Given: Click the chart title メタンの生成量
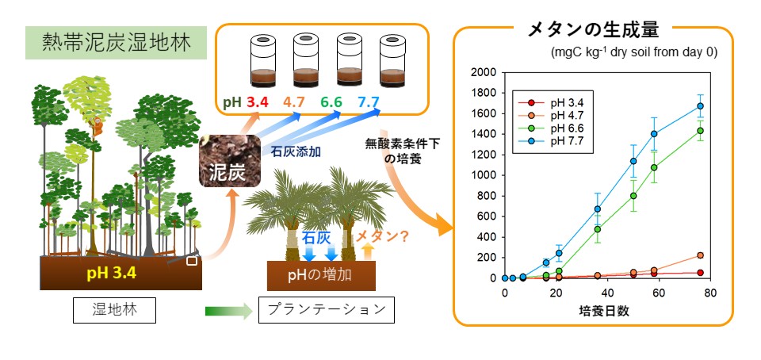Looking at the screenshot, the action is [593, 30].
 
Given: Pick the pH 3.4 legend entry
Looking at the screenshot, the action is [552, 103].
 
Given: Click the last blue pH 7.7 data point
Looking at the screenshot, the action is [700, 105].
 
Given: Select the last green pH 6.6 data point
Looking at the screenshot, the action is [700, 131].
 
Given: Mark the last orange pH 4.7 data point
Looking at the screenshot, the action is [700, 255].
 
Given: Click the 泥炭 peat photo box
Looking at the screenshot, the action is [230, 161].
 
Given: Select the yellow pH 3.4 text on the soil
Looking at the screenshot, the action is [112, 273].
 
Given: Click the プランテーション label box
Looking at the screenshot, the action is [326, 310].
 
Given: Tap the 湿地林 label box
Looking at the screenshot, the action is [114, 310].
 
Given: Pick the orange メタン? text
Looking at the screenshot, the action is [382, 236].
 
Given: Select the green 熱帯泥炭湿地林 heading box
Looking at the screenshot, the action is [116, 43].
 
